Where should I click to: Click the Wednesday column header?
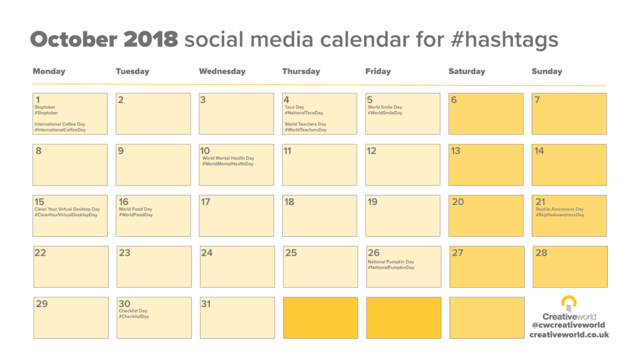(222, 71)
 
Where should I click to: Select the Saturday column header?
(467, 71)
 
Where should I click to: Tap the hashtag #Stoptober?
(46, 113)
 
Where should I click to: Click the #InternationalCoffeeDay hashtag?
(60, 130)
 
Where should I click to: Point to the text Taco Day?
(294, 107)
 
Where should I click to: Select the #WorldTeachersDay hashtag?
(306, 130)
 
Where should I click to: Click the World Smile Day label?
(385, 107)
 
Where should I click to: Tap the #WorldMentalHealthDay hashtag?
(228, 164)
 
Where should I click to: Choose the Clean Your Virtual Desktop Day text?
(67, 209)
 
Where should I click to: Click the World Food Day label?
(135, 209)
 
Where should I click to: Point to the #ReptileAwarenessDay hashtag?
(560, 215)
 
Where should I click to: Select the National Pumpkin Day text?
(391, 262)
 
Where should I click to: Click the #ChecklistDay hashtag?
(134, 316)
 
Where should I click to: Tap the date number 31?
(206, 304)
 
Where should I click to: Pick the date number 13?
(456, 151)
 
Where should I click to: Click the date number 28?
(541, 253)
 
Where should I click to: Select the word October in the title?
(74, 39)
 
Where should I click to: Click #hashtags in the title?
(505, 40)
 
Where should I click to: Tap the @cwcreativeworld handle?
(568, 325)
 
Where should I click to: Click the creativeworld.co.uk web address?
(569, 335)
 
